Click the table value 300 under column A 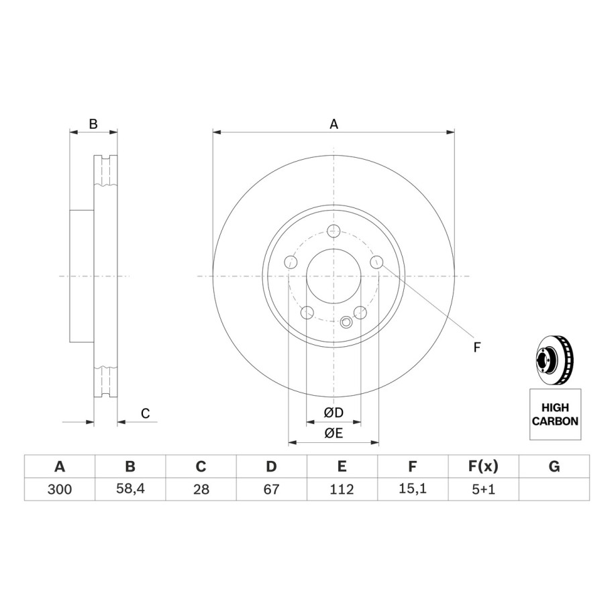[60, 489]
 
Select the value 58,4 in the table [130, 489]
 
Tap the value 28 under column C [201, 489]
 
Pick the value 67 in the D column [271, 489]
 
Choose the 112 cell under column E [342, 489]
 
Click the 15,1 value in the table [413, 489]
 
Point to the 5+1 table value [484, 489]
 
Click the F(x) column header [483, 466]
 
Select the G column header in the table [554, 466]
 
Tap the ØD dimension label [334, 412]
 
